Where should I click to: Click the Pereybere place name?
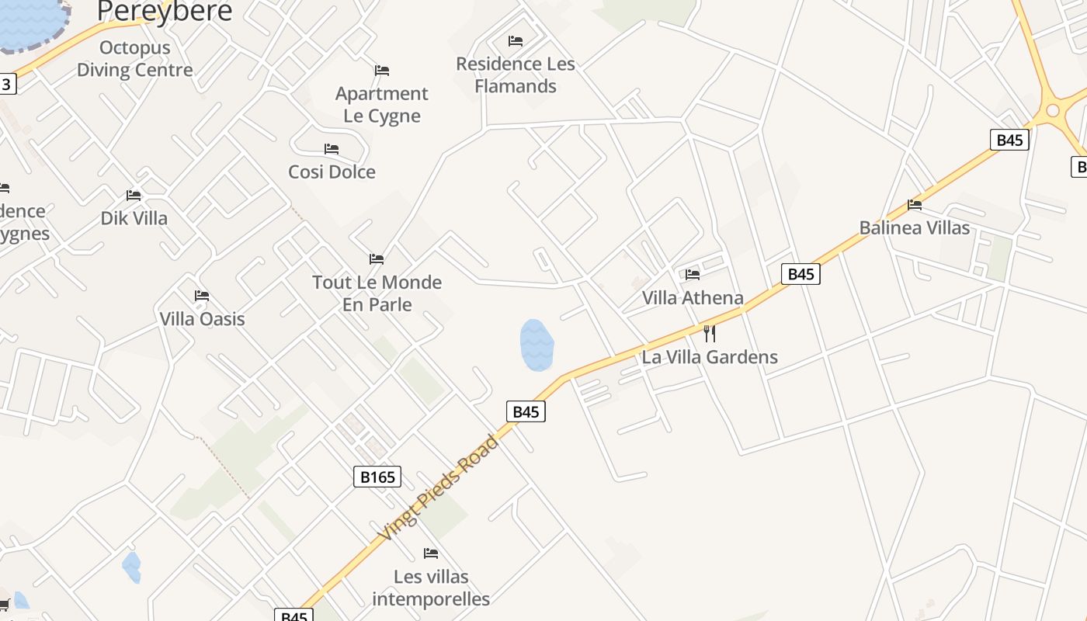(x=165, y=11)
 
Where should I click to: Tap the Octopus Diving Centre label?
(x=134, y=59)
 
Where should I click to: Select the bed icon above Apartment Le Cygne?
(x=381, y=71)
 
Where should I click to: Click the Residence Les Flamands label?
(x=516, y=75)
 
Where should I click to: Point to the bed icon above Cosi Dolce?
(x=332, y=149)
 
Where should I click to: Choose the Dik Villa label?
(x=134, y=218)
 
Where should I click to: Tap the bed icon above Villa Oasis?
(x=202, y=296)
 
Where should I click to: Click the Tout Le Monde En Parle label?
(x=377, y=293)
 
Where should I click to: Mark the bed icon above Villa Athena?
(x=693, y=274)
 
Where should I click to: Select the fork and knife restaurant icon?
(x=709, y=334)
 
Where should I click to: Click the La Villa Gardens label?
(x=710, y=357)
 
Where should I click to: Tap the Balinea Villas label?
(x=914, y=227)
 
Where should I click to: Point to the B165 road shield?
(x=378, y=477)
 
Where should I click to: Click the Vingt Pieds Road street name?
(x=439, y=488)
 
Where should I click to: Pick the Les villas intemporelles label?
(x=431, y=588)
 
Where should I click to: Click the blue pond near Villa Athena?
(x=537, y=344)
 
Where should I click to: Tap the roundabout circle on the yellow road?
(x=1053, y=110)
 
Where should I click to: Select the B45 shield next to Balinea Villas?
(x=1009, y=140)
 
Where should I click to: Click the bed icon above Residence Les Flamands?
(x=516, y=41)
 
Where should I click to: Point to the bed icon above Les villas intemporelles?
(x=431, y=553)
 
